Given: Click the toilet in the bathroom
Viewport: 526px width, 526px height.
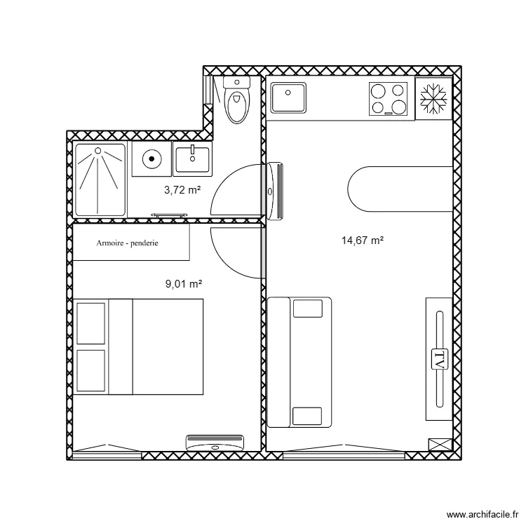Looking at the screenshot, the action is (x=237, y=100).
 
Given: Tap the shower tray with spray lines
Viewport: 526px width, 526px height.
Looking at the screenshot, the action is (x=100, y=180).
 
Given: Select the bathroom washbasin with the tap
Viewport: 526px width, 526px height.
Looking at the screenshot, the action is (x=192, y=159).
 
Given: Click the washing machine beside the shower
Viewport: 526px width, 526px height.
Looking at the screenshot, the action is (x=151, y=159).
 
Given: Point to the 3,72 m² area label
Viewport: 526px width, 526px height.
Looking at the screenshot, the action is (x=182, y=190).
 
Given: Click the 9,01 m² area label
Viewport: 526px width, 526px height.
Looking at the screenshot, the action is (x=184, y=284).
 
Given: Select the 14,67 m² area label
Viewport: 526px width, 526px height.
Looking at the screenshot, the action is (x=363, y=241).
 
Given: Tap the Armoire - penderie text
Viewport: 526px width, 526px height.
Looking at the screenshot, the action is (x=127, y=243).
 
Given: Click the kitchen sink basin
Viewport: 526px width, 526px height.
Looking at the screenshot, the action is (x=288, y=97).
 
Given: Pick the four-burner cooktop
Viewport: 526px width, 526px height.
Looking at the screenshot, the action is (x=388, y=99).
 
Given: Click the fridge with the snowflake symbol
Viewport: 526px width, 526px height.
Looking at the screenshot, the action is (x=433, y=99).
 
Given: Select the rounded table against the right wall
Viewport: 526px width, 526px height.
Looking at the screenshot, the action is (x=400, y=189).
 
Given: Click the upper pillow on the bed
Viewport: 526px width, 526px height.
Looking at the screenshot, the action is (x=91, y=323).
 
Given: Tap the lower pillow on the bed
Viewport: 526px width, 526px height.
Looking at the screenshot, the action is (x=91, y=371).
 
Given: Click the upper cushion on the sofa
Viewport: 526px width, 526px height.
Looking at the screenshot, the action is (x=308, y=309).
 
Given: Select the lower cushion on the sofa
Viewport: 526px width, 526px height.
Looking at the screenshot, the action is (x=307, y=416).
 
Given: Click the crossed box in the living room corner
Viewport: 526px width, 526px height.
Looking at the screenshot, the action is (x=440, y=444).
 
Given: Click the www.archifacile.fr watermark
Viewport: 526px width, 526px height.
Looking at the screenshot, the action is (x=483, y=514).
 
